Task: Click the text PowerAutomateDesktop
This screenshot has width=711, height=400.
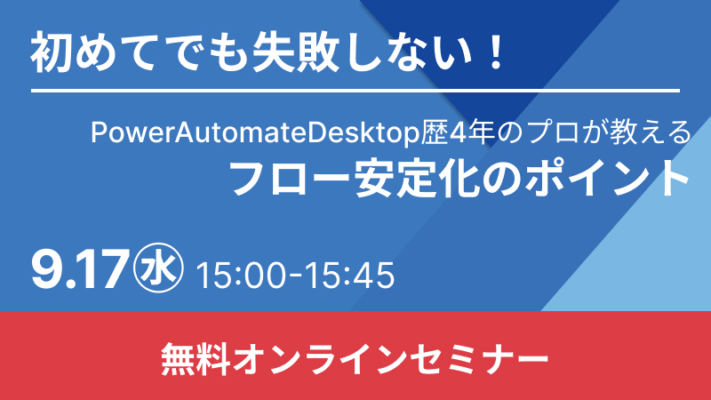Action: [255, 132]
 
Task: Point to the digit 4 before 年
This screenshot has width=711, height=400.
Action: [457, 132]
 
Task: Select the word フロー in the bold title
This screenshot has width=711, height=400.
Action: [290, 178]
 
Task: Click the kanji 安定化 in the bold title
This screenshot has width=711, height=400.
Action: [414, 178]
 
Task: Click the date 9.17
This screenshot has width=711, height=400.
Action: [78, 270]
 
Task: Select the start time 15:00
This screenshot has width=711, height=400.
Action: [243, 275]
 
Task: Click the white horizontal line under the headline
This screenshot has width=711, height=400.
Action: [355, 92]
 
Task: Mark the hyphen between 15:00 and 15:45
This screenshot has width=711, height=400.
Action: [296, 276]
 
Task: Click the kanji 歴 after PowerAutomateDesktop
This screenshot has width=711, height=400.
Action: [434, 132]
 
